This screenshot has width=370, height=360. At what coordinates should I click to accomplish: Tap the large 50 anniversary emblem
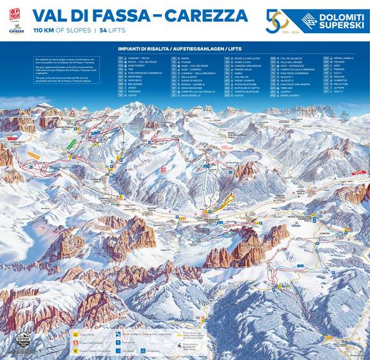pyautogui.click(x=277, y=20)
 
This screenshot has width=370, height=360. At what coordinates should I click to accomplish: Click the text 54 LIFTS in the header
pyautogui.click(x=111, y=30)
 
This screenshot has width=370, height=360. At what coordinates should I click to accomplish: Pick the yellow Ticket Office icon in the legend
pyautogui.click(x=75, y=333)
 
